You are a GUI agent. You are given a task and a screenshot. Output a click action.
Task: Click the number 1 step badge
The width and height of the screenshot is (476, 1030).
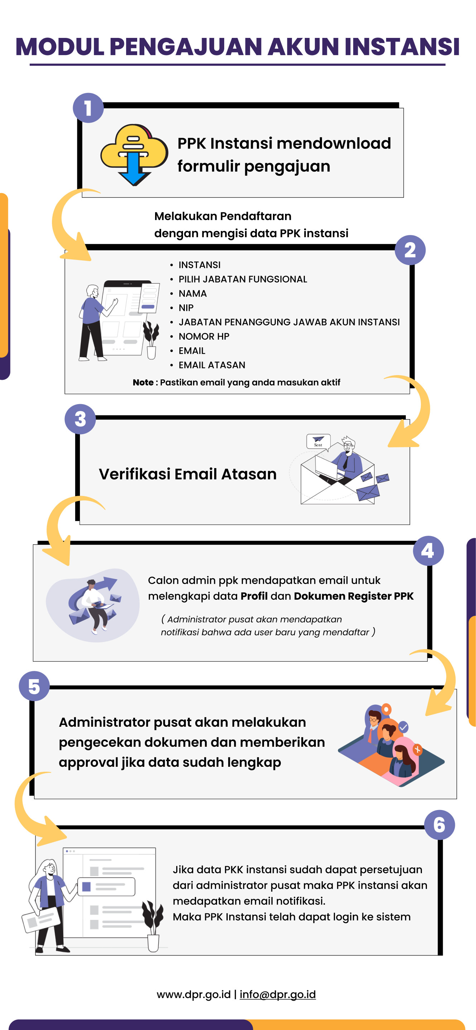[88, 108]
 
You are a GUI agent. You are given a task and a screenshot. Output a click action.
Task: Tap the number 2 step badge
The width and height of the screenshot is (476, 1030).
[410, 250]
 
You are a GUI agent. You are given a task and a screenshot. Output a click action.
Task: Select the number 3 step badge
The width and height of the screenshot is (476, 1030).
[80, 419]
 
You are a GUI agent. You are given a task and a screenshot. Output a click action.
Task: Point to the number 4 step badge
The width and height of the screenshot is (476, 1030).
[428, 551]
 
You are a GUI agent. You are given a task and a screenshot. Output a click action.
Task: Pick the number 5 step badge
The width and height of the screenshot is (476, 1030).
[34, 686]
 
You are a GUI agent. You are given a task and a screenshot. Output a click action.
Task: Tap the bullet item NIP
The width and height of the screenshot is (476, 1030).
[186, 308]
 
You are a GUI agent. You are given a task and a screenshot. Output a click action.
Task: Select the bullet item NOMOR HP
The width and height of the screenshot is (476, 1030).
[204, 337]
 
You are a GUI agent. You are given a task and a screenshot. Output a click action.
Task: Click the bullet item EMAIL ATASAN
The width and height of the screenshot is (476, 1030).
[212, 365]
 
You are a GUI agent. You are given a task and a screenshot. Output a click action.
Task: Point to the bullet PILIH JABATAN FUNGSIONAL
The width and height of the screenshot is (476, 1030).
[242, 279]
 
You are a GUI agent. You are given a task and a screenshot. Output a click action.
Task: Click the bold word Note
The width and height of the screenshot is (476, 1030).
[143, 383]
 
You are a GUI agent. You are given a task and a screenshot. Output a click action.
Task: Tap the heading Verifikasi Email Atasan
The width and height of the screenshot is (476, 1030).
[188, 474]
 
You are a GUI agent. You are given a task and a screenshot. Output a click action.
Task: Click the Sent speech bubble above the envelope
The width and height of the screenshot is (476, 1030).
[318, 441]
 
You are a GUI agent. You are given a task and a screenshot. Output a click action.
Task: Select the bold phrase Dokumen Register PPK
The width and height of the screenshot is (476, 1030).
[354, 596]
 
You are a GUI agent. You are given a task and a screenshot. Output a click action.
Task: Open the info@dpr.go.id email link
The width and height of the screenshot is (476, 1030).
[278, 994]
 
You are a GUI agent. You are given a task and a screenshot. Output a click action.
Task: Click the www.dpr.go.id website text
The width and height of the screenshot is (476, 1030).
[193, 994]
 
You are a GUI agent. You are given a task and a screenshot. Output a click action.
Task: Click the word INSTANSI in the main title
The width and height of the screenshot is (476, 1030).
[402, 47]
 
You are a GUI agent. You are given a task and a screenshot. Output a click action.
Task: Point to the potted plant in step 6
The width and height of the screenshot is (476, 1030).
[153, 925]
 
